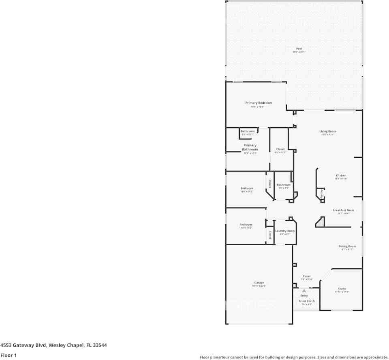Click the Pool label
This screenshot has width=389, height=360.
coord(299,49)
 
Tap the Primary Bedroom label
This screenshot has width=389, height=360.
coord(259,103)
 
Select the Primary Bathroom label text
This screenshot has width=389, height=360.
coord(250,147)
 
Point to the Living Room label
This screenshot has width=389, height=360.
coord(327,131)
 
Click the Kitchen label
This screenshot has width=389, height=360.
coord(341,176)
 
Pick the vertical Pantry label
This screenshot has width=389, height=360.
coord(322,193)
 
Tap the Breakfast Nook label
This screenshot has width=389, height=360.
coord(343,210)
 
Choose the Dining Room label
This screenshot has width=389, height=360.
coord(347,246)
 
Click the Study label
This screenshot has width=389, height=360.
coord(342,289)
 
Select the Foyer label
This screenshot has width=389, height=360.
coord(307,276)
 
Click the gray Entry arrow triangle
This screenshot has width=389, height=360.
coord(304,291)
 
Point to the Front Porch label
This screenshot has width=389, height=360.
coord(307,301)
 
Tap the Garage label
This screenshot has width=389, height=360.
coord(259,283)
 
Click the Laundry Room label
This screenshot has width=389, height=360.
coord(285,231)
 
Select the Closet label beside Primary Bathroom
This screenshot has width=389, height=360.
coord(280,149)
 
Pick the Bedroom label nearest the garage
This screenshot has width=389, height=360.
coord(246,225)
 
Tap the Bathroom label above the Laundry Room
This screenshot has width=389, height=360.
coord(284,185)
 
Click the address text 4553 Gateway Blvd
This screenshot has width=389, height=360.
coord(24,345)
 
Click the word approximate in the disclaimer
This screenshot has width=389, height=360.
coord(376,357)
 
